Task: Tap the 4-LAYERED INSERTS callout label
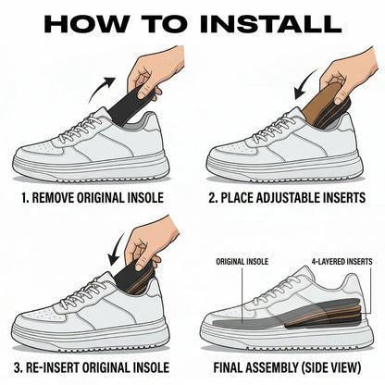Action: pyautogui.click(x=342, y=262)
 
